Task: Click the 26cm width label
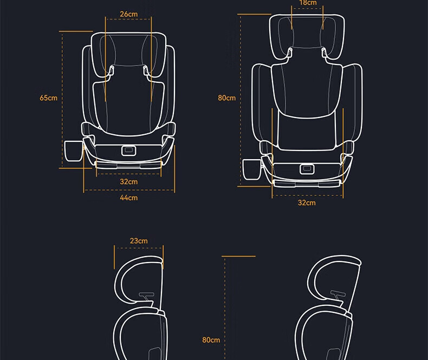128,14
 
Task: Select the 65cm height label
49,97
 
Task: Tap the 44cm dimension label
128,198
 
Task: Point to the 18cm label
308,3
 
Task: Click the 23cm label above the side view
139,241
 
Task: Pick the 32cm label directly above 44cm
128,182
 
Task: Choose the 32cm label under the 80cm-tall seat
307,202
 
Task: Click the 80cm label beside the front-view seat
226,97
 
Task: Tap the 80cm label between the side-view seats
211,340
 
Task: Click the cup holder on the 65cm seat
74,151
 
